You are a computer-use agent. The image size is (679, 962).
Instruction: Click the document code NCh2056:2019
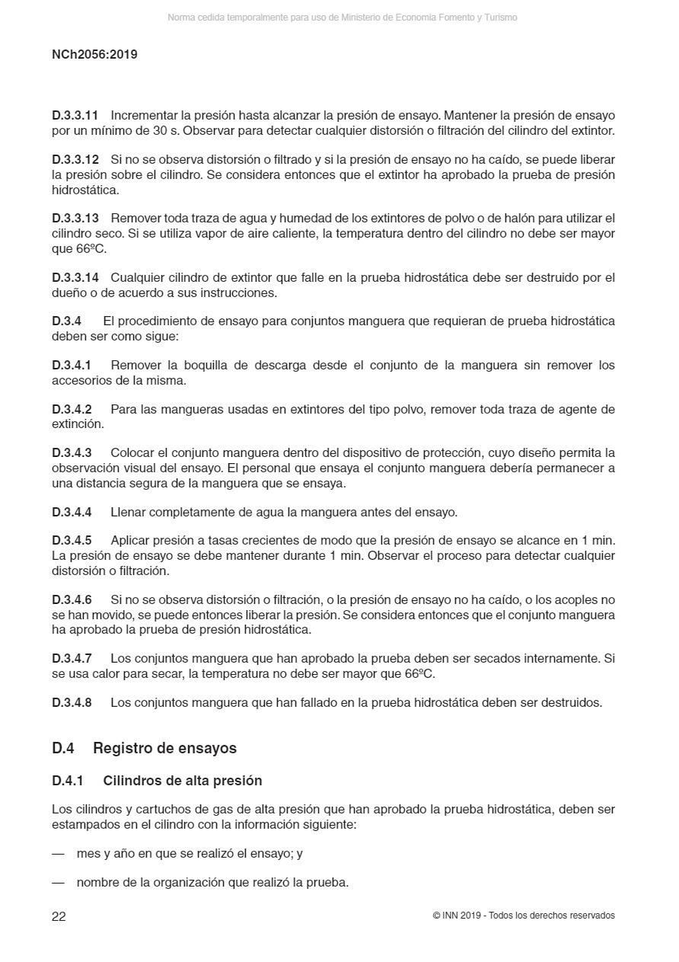(x=94, y=55)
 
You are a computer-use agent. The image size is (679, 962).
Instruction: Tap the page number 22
(x=59, y=916)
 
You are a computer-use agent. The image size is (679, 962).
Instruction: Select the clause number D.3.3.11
(x=75, y=116)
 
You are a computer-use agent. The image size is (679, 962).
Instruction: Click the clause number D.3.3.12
(x=75, y=160)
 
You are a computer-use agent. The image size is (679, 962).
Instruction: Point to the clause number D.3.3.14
(x=75, y=277)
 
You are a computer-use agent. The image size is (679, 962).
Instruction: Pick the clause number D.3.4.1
(x=72, y=366)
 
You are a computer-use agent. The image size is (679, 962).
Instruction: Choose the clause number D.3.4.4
(x=72, y=512)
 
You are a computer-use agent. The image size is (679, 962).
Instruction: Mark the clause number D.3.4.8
(x=72, y=702)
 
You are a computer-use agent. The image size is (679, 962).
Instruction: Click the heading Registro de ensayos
(x=164, y=748)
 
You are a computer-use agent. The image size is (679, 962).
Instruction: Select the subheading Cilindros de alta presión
(x=182, y=781)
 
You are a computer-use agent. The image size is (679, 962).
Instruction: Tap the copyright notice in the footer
(x=523, y=916)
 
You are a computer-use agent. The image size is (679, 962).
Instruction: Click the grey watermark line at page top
(x=342, y=17)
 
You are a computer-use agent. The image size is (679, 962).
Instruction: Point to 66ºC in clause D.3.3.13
(x=91, y=248)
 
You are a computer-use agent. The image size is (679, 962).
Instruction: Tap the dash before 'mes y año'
(x=58, y=854)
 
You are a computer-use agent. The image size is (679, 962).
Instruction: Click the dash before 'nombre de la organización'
(x=58, y=883)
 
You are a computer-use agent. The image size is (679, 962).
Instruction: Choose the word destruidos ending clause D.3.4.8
(x=574, y=702)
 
